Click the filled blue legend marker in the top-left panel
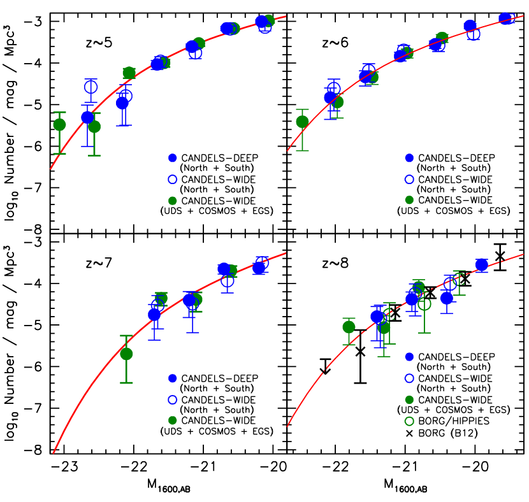tap(172, 158)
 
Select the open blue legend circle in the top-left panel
tap(172, 180)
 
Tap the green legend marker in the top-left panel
tap(172, 201)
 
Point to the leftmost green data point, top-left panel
tap(59, 124)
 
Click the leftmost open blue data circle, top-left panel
tap(91, 87)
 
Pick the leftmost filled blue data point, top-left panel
tap(88, 117)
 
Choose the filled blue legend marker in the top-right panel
tap(409, 158)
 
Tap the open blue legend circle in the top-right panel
tap(409, 180)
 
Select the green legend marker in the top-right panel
tap(409, 200)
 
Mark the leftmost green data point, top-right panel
tap(302, 122)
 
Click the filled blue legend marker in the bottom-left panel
tap(172, 378)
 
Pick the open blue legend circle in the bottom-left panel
tap(172, 400)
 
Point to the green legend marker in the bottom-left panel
tap(172, 420)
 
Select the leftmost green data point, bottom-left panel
tap(126, 354)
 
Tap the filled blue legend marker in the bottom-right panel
tap(409, 357)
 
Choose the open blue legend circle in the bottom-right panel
tap(409, 378)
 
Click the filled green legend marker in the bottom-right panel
tap(409, 400)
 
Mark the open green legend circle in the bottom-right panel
tap(409, 421)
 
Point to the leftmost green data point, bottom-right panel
tap(349, 327)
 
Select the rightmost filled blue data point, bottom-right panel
tap(482, 264)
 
